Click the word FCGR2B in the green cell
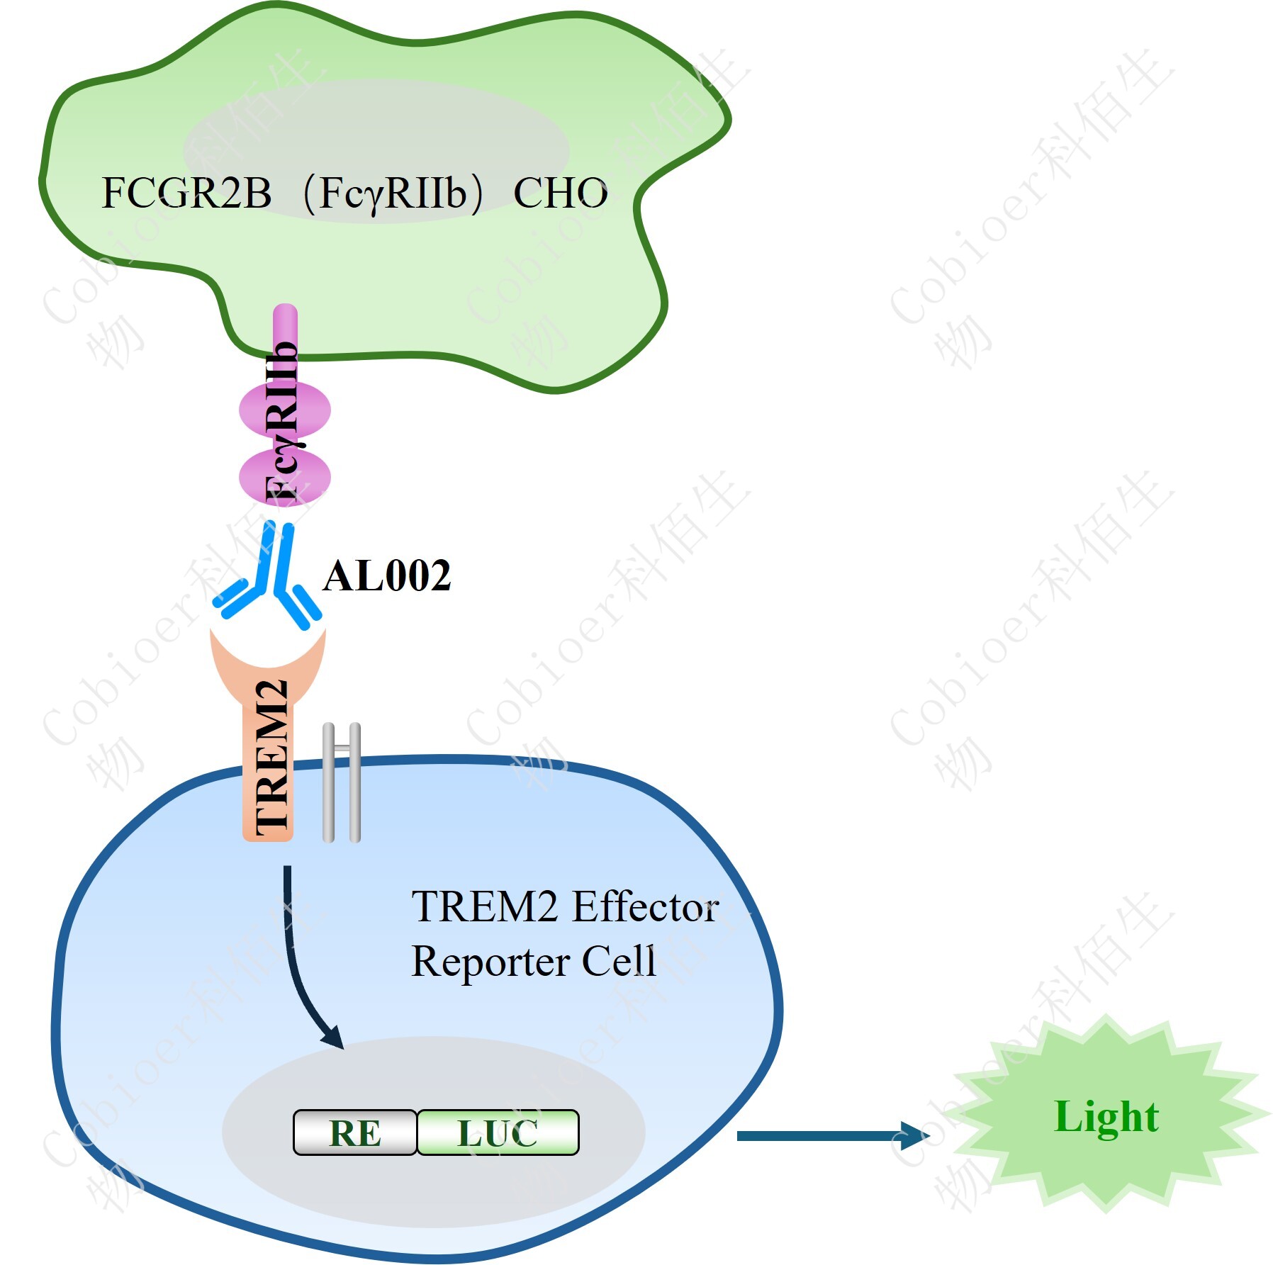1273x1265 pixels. click(186, 193)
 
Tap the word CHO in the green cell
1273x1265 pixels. click(560, 193)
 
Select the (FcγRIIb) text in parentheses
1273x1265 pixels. click(392, 193)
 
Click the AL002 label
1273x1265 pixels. click(386, 575)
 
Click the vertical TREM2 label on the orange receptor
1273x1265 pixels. click(271, 758)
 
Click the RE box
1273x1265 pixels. click(354, 1132)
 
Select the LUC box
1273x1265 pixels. click(498, 1132)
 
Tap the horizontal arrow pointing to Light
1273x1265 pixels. click(829, 1135)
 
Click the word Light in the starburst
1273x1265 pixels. click(1106, 1118)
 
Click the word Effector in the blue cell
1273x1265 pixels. click(645, 907)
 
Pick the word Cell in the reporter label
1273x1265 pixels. click(619, 962)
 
